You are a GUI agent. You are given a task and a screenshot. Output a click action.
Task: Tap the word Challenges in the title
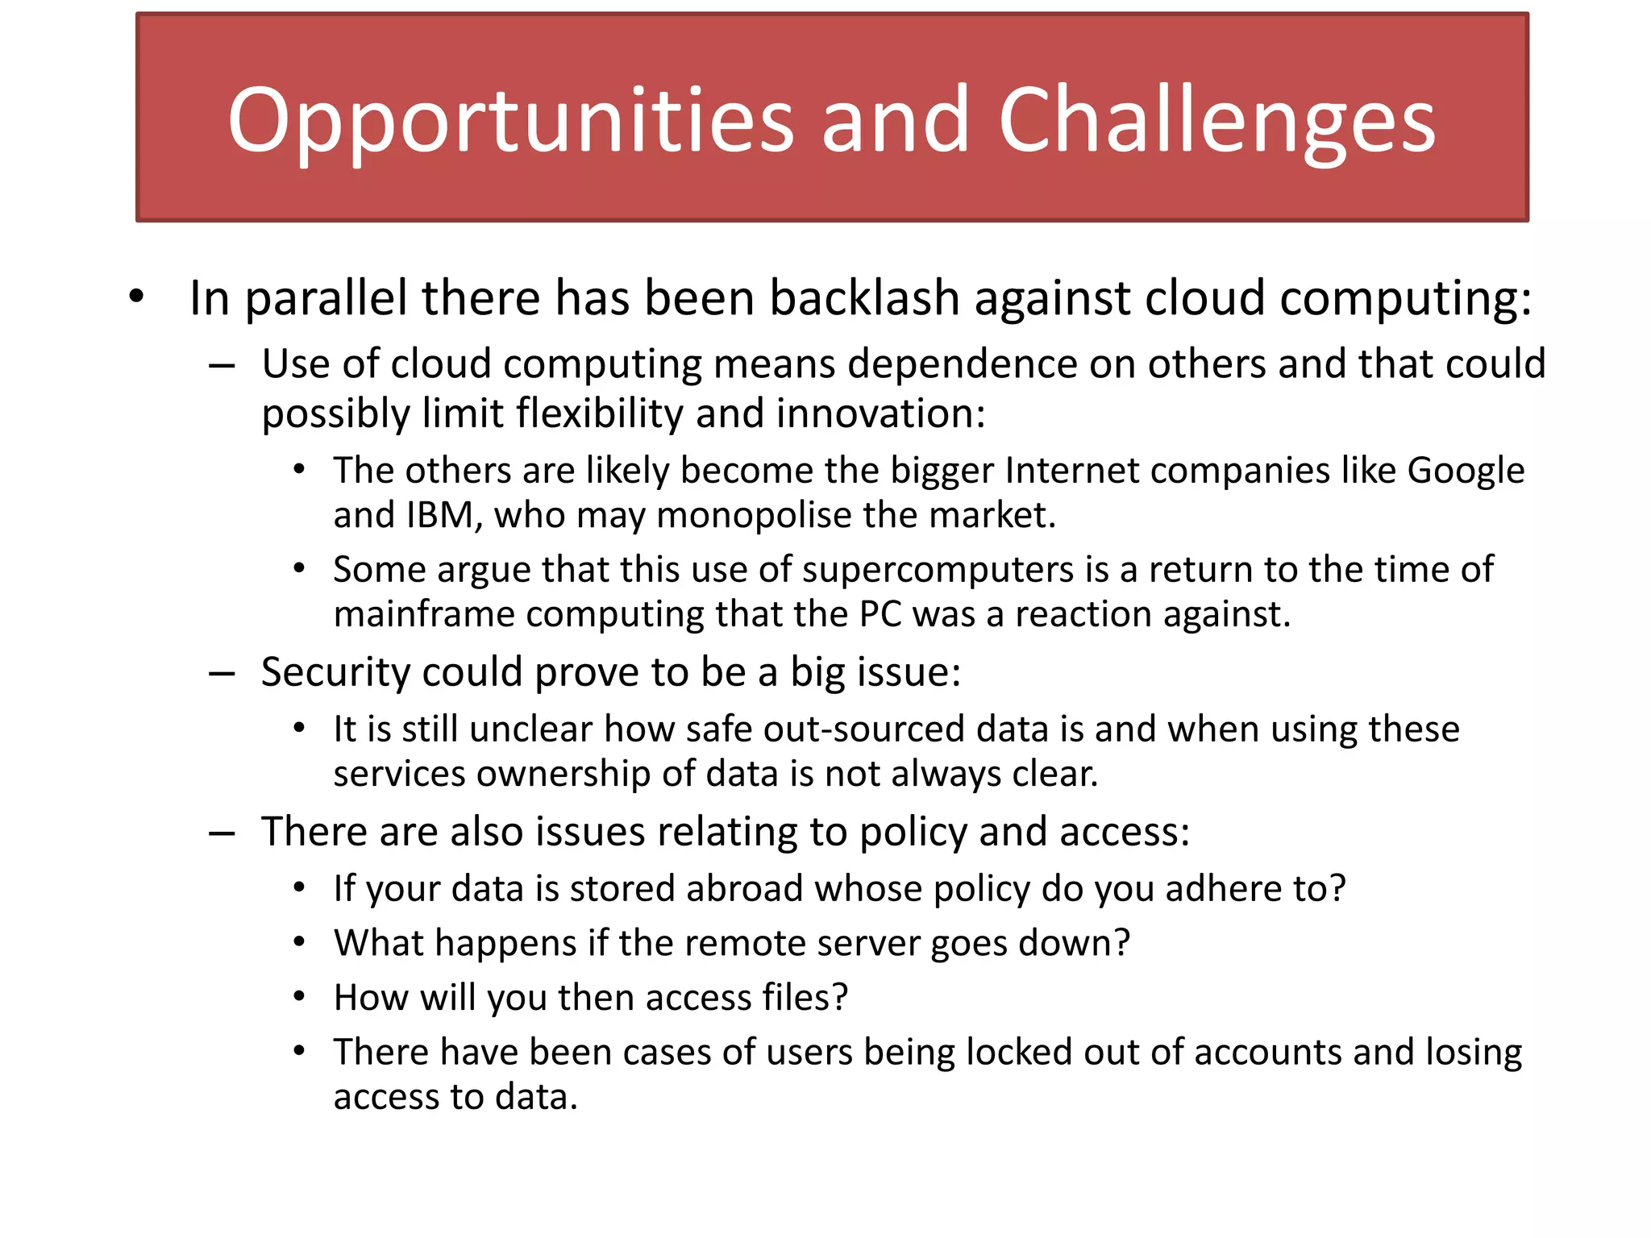pos(1216,121)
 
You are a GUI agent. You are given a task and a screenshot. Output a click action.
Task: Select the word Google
pos(1466,471)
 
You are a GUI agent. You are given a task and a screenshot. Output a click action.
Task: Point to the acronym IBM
pos(440,515)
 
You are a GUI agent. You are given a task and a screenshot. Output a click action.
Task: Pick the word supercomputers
pos(938,570)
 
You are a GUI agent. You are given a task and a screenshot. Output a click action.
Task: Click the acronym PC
pos(880,614)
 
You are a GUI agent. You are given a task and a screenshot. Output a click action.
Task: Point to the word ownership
pos(564,774)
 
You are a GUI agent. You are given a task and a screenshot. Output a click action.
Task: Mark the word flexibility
pos(599,413)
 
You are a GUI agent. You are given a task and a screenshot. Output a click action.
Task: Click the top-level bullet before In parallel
pos(136,297)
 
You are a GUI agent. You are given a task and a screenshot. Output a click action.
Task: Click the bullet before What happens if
pos(299,942)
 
